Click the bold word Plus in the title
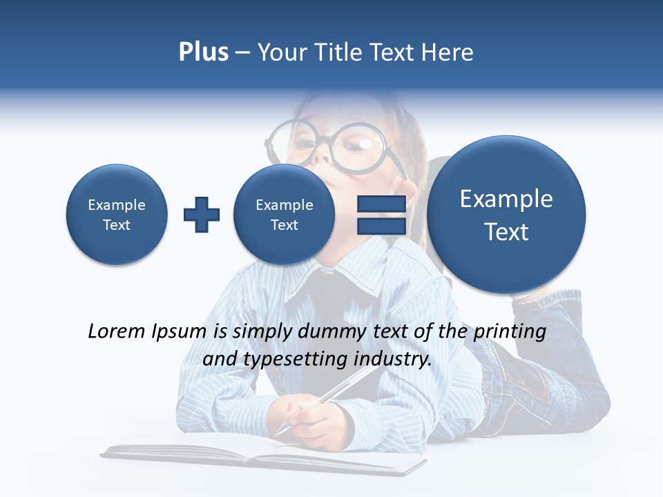[203, 52]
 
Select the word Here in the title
[448, 52]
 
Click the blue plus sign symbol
[202, 215]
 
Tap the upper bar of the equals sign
[381, 204]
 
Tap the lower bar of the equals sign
[381, 226]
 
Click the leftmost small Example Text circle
[117, 215]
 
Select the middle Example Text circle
[284, 215]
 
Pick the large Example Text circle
[506, 215]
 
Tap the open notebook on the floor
[262, 456]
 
